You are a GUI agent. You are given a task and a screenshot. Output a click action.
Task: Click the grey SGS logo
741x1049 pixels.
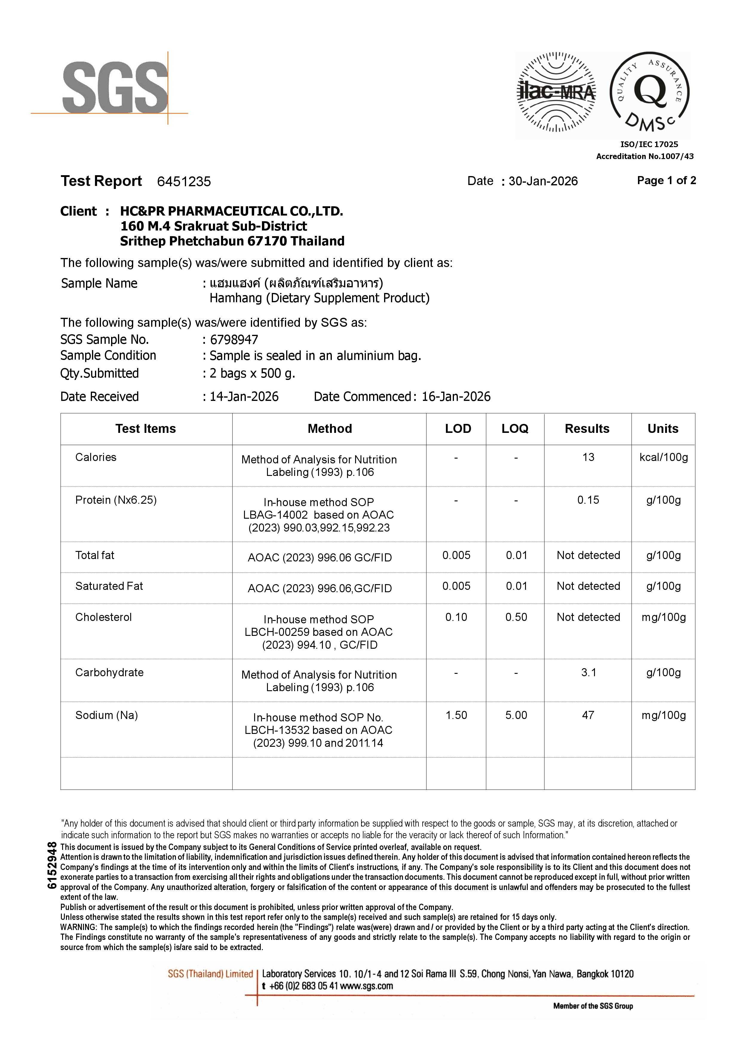click(115, 88)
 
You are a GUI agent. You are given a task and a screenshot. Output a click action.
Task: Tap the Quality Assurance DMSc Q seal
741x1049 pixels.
click(649, 93)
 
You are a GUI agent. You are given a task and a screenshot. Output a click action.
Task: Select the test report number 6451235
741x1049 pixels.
click(184, 182)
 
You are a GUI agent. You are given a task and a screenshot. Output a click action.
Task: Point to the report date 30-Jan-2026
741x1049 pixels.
click(543, 181)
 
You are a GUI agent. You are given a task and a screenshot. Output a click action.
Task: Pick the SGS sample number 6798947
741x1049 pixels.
click(234, 340)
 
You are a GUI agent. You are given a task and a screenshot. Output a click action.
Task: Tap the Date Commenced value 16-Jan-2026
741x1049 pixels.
click(456, 397)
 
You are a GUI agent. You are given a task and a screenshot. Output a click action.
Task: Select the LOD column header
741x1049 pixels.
click(458, 429)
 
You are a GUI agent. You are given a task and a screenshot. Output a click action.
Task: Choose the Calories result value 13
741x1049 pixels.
click(588, 457)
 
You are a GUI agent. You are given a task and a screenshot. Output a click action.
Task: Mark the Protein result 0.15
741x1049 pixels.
click(588, 500)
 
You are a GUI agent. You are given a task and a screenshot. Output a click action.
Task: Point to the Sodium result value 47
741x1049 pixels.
click(588, 715)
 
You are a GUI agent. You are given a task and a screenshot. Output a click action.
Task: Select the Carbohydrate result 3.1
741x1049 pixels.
click(588, 673)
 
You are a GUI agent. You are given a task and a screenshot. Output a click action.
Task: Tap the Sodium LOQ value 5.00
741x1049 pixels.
click(516, 715)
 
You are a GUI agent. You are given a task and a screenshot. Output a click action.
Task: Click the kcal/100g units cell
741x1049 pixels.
click(663, 457)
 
